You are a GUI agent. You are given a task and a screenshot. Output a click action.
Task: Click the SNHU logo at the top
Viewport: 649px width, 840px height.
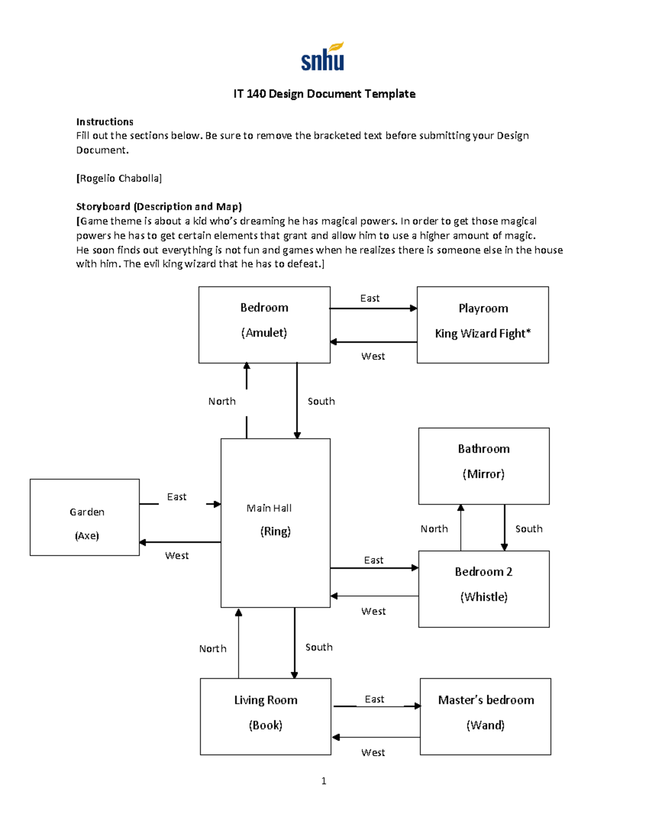tap(323, 57)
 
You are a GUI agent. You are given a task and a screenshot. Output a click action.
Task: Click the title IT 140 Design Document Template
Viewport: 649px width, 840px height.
tap(324, 94)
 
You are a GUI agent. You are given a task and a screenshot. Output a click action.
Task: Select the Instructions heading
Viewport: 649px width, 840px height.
tap(104, 122)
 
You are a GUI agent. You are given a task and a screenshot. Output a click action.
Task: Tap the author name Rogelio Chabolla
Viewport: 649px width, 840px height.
tap(119, 178)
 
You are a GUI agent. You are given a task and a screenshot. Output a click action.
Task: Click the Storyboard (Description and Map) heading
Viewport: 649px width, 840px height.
tap(159, 207)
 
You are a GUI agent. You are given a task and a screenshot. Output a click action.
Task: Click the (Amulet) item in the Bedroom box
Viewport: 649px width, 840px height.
tap(264, 333)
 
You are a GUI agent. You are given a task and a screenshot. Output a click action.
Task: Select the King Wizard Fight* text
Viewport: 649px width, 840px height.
tap(482, 334)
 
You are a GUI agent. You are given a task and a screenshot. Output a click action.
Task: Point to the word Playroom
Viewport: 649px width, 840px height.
tap(483, 308)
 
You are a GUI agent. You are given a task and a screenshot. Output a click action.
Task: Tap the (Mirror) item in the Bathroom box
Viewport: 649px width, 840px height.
tap(484, 474)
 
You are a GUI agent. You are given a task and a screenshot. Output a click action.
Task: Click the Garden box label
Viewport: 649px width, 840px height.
tap(87, 512)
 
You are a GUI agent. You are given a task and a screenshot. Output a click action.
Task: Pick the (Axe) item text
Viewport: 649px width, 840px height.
tap(87, 536)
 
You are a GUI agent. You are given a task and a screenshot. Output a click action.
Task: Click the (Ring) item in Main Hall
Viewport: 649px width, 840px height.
tap(275, 532)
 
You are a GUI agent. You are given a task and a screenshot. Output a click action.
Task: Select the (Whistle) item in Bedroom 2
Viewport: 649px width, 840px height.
tap(484, 597)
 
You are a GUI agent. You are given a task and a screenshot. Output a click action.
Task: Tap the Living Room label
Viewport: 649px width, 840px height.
tap(266, 700)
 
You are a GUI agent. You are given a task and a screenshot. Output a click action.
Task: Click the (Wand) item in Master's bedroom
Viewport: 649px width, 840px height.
tap(485, 725)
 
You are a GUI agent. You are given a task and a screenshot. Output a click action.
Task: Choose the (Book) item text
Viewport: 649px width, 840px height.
tap(266, 725)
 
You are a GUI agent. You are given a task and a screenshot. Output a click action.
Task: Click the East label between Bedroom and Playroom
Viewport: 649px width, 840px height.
tap(370, 299)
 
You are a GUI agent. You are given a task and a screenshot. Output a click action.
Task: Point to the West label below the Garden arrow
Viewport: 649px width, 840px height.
tap(177, 556)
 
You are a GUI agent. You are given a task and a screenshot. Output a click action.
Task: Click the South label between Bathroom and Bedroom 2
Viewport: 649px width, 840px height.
tap(528, 529)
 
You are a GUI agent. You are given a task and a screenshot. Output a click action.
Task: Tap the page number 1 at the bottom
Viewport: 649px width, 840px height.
tap(323, 781)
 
